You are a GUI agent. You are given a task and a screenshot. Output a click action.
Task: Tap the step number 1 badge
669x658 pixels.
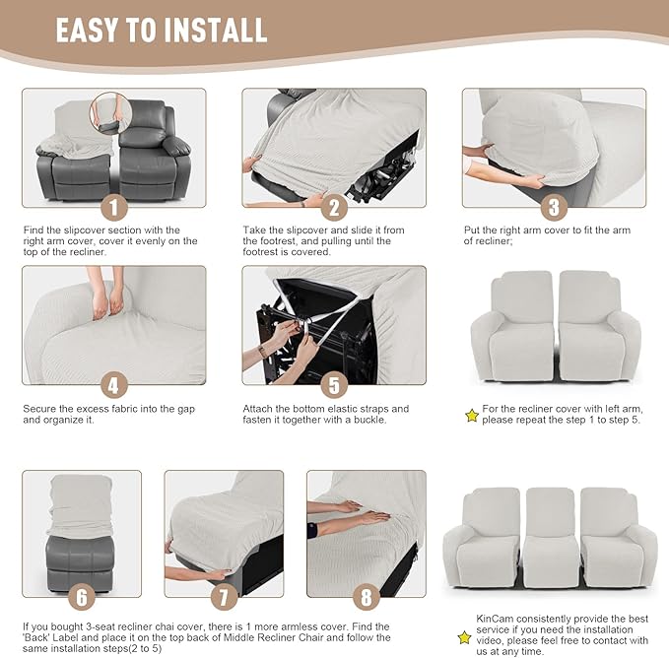pos(113,207)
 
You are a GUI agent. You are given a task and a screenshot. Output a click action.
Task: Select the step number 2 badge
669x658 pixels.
pos(334,207)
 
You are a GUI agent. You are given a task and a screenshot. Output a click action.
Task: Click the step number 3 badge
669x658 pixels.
pos(554,207)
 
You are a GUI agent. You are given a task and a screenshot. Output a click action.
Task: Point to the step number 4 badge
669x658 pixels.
pos(113,384)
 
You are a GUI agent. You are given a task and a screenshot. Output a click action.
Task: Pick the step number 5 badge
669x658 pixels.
pos(334,384)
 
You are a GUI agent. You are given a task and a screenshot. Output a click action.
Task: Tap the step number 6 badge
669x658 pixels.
pos(82,597)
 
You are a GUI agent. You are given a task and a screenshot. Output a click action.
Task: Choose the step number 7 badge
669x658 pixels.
pos(224,597)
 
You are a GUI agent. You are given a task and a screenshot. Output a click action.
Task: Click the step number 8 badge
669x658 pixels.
pos(366,597)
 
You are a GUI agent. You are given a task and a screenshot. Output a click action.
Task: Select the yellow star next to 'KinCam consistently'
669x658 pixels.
pos(464,637)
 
